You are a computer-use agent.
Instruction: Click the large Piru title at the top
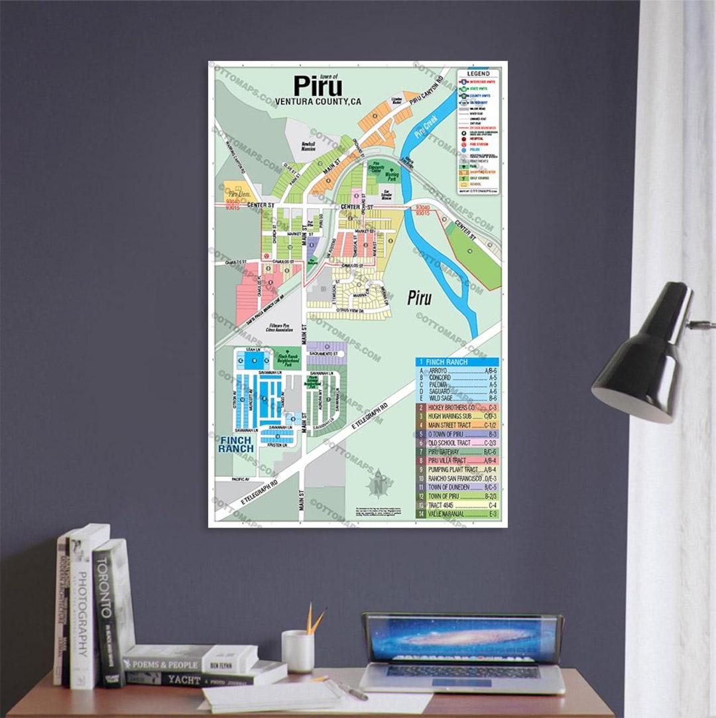(318, 86)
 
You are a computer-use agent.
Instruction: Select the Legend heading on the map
(478, 74)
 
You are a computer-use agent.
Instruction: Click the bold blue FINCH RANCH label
(237, 444)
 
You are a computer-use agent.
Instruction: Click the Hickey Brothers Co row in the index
(457, 407)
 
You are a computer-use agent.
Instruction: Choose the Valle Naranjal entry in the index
(457, 514)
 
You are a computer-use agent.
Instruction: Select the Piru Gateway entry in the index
(457, 451)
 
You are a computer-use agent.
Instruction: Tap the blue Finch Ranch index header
(457, 362)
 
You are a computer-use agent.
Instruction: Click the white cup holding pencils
(298, 651)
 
